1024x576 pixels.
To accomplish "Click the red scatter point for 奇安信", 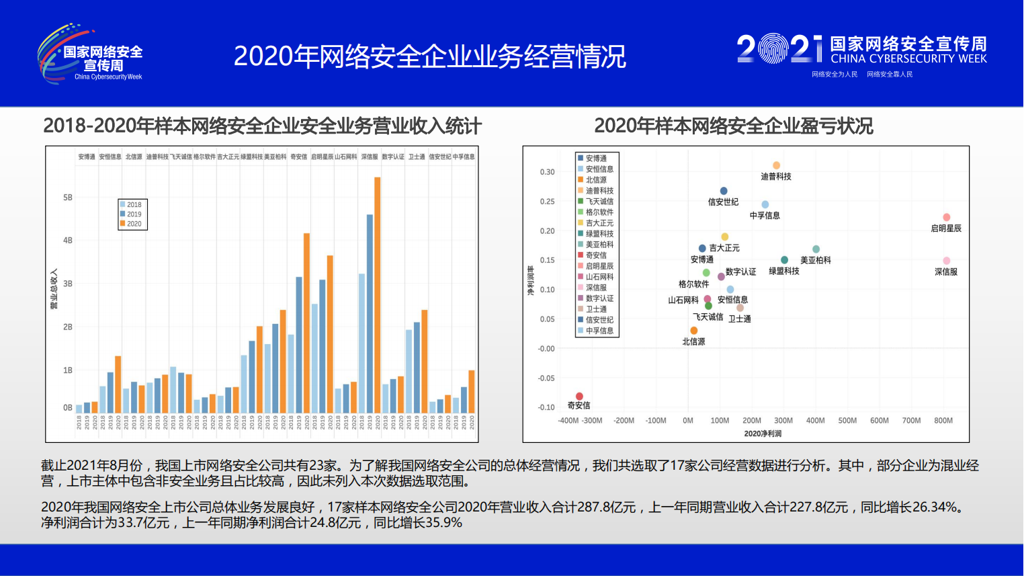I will click(x=579, y=397).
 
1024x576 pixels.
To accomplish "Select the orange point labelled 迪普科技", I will click(x=776, y=165).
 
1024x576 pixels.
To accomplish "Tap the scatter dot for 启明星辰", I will click(x=946, y=217).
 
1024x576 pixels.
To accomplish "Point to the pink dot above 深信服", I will click(x=946, y=261).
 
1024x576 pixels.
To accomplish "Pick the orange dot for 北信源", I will click(x=693, y=331).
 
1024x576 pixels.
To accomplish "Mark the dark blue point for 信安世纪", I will click(x=724, y=191).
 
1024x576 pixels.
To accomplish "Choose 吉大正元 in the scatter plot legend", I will click(x=599, y=223).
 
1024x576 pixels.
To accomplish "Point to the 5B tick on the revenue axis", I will click(x=68, y=198).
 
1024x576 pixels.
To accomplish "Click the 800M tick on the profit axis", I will click(x=943, y=421).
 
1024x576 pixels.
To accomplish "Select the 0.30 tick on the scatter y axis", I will click(x=547, y=172).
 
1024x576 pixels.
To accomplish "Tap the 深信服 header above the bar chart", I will click(x=370, y=157).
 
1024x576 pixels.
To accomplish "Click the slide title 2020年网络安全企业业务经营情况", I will click(x=429, y=56).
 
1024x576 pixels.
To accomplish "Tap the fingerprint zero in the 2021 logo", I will click(x=773, y=48).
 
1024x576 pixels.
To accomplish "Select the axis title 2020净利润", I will click(x=763, y=434).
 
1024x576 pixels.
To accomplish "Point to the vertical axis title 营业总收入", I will click(x=54, y=289).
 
